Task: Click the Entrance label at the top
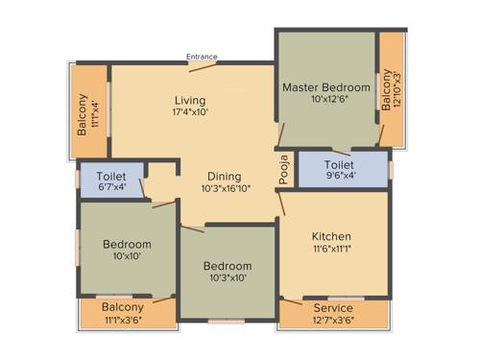[x=202, y=57]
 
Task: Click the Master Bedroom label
[x=325, y=87]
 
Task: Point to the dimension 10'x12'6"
[x=325, y=100]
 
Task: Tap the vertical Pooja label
[x=283, y=168]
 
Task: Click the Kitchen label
[x=331, y=236]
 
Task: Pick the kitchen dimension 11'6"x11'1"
[x=331, y=249]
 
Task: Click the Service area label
[x=333, y=308]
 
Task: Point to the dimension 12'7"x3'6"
[x=333, y=320]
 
